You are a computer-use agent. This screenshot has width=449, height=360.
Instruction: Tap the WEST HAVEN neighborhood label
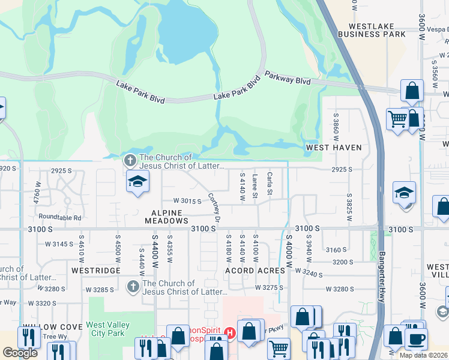pyautogui.click(x=334, y=147)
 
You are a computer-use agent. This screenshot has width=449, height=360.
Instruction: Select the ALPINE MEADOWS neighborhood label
pyautogui.click(x=166, y=217)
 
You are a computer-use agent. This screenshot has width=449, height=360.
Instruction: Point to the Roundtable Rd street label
pyautogui.click(x=59, y=217)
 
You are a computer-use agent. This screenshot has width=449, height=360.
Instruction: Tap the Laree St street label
pyautogui.click(x=255, y=185)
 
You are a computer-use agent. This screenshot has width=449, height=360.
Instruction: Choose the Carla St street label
pyautogui.click(x=270, y=184)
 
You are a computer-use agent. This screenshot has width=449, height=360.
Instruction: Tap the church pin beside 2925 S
pyautogui.click(x=130, y=160)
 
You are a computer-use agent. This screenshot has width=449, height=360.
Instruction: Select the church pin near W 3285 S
pyautogui.click(x=133, y=287)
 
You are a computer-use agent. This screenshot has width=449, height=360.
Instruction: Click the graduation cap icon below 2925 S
pyautogui.click(x=137, y=182)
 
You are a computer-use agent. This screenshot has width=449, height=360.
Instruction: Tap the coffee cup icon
pyautogui.click(x=416, y=339)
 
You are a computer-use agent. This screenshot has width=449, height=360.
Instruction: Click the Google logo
pyautogui.click(x=20, y=353)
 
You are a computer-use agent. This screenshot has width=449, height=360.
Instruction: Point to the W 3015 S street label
pyautogui.click(x=187, y=201)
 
